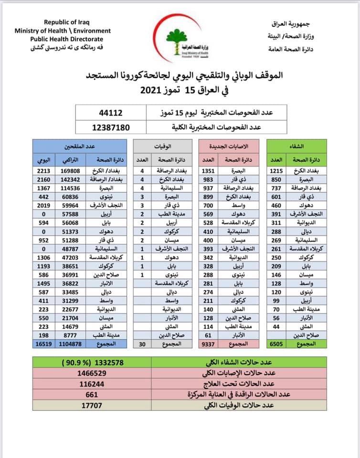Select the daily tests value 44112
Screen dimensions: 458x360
(110, 114)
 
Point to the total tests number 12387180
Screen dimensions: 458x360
(110, 128)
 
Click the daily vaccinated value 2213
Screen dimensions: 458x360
(42, 170)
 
